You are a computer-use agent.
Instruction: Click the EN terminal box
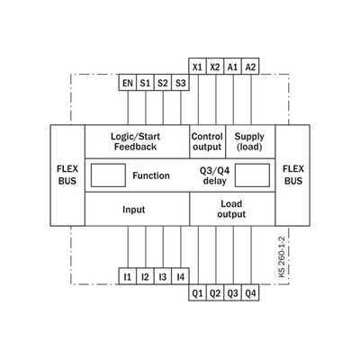click(x=128, y=83)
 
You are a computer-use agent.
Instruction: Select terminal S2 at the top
click(x=163, y=83)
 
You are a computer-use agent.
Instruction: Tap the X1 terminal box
click(x=197, y=66)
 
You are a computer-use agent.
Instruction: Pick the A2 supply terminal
click(x=250, y=66)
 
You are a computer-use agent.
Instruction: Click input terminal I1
click(x=128, y=276)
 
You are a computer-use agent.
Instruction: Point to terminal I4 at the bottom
click(x=180, y=276)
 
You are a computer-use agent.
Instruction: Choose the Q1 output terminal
click(x=197, y=292)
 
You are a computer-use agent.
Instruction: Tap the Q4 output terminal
click(x=250, y=292)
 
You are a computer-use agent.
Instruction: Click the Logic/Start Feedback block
click(x=137, y=141)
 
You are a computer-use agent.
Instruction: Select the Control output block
click(x=207, y=141)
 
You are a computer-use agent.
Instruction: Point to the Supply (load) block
click(x=250, y=141)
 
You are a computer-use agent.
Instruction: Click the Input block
click(x=137, y=209)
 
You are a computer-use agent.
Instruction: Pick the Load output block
click(x=232, y=209)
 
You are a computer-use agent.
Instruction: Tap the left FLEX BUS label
click(x=67, y=175)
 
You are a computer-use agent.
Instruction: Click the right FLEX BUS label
click(x=293, y=175)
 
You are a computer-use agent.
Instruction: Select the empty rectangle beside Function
click(x=108, y=175)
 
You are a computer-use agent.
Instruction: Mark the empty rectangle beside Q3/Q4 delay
click(x=252, y=175)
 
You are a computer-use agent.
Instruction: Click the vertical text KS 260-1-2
click(x=282, y=256)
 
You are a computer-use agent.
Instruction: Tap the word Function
click(x=151, y=175)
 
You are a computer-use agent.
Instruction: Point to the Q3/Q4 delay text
click(x=215, y=175)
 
